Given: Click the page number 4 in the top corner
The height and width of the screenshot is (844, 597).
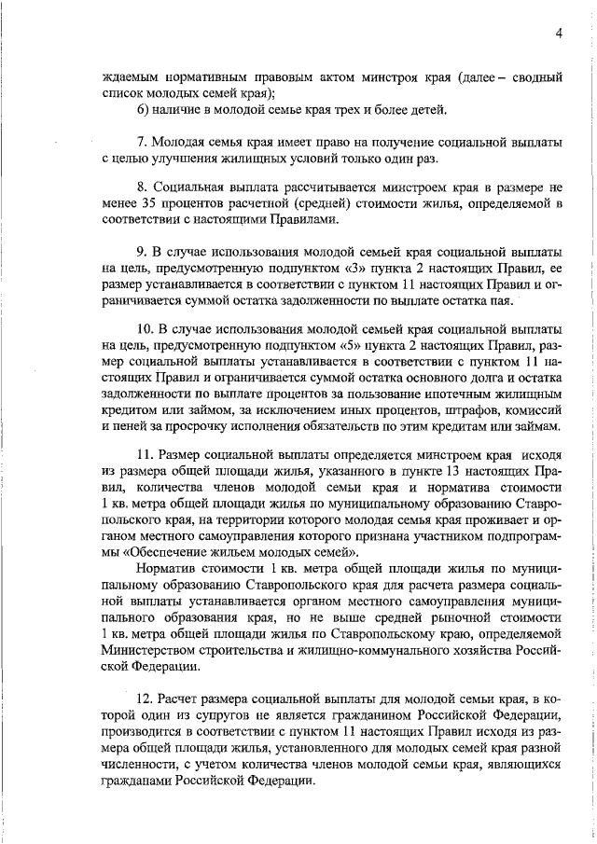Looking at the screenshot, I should (558, 33).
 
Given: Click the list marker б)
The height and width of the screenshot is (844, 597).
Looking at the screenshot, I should (143, 110).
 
